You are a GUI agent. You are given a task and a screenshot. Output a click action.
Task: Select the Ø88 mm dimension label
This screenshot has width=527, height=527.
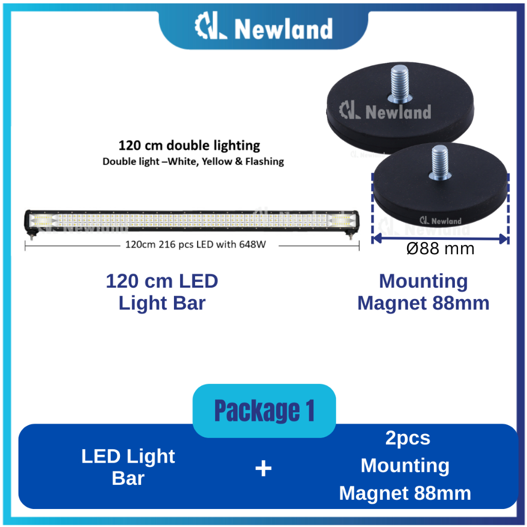coord(440,249)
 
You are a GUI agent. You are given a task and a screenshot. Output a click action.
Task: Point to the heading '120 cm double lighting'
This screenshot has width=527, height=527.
coord(189,145)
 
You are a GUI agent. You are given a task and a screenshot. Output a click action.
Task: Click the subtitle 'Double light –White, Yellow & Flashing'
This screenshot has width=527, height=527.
coord(193,161)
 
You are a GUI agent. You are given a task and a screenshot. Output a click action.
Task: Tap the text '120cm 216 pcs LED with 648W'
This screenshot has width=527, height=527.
coord(196,244)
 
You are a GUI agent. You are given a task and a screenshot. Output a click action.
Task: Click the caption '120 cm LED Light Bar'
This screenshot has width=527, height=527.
coord(162,292)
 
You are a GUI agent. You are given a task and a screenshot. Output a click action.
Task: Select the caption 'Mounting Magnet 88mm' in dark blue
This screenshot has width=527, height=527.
coord(423,292)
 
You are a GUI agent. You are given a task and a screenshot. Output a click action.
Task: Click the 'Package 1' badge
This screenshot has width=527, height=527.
coord(264,411)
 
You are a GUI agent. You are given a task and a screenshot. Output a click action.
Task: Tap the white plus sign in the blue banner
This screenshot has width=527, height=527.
coord(263,468)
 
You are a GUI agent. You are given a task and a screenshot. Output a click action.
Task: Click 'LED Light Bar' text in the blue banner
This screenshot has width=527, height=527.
coord(128,467)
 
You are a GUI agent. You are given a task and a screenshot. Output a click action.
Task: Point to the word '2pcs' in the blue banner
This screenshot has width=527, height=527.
coord(408,438)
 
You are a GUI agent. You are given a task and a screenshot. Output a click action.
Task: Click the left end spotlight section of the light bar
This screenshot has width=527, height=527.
coord(42,221)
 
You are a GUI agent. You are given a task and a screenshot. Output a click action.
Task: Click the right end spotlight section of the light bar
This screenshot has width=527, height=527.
coord(340,221)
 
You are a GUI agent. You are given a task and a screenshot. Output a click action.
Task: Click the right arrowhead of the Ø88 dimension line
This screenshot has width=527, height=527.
coord(504,238)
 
